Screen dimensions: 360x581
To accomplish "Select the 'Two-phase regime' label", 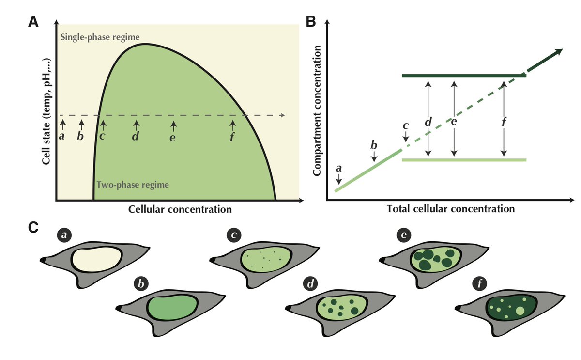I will coord(133,185).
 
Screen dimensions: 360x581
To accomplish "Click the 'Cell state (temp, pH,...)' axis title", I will coord(47,111).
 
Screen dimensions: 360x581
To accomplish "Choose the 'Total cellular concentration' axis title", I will coord(450,210).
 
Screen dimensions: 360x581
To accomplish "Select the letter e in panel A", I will coord(173,138).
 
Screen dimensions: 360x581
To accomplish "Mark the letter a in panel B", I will coord(338,168).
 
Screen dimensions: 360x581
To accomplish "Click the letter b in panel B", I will coord(373,145).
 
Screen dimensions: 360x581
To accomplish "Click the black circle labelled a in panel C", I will coord(63,235).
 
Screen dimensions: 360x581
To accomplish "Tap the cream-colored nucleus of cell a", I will coord(97,261).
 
